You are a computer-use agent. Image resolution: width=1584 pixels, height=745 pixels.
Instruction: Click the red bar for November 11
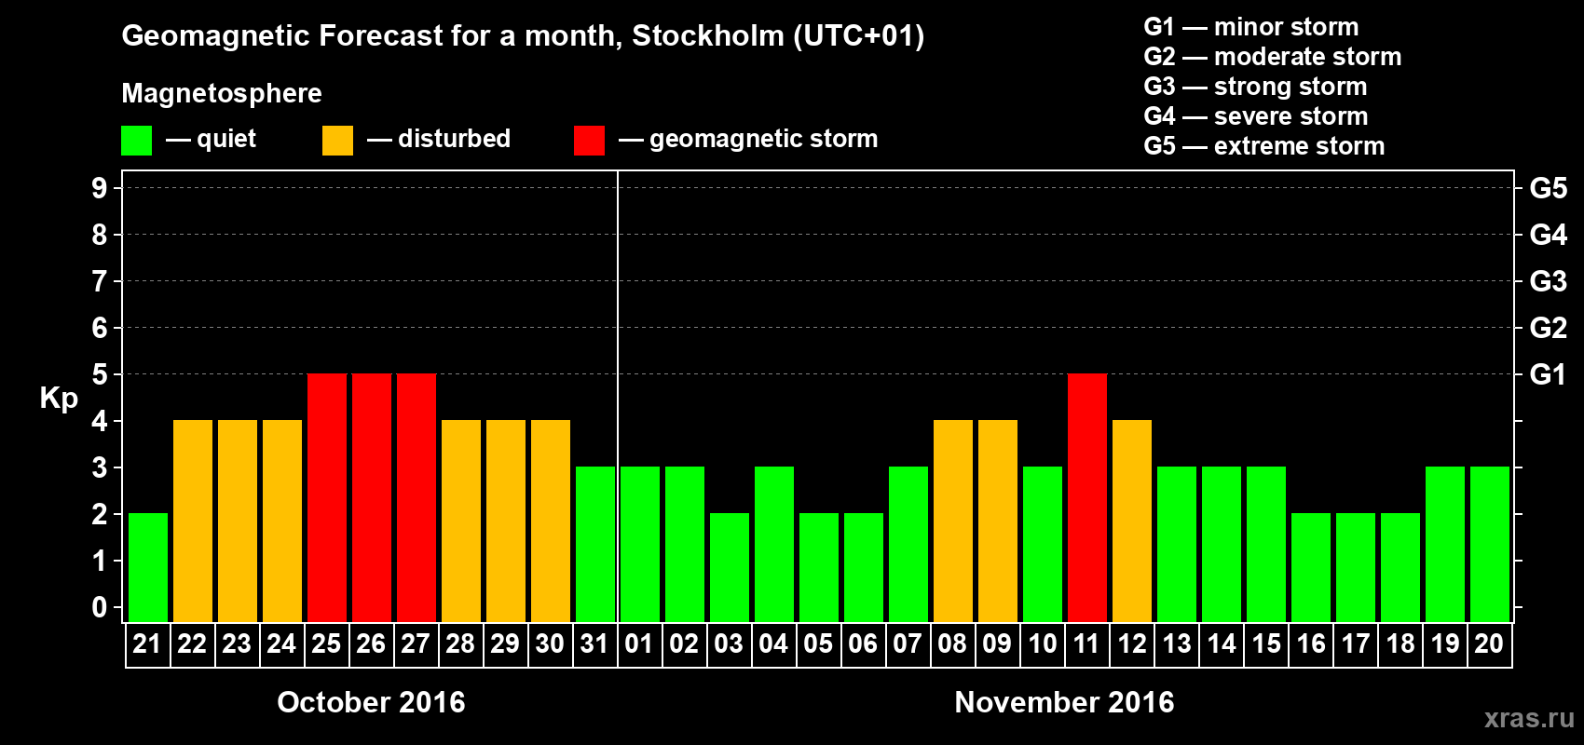pyautogui.click(x=1087, y=497)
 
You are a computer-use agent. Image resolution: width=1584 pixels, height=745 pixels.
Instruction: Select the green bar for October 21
pyautogui.click(x=148, y=567)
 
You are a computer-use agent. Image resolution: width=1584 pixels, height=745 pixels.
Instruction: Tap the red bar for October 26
pyautogui.click(x=372, y=497)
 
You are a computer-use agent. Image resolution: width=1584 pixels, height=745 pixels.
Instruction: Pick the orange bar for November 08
pyautogui.click(x=953, y=521)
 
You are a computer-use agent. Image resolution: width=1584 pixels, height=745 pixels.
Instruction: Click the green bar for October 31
pyautogui.click(x=595, y=544)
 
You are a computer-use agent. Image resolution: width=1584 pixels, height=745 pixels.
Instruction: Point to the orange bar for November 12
pyautogui.click(x=1132, y=521)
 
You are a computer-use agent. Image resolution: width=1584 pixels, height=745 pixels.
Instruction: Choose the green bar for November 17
pyautogui.click(x=1356, y=567)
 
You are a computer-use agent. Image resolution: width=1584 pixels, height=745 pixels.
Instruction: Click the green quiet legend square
pyautogui.click(x=137, y=141)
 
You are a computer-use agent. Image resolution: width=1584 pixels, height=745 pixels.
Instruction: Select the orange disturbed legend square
pyautogui.click(x=337, y=141)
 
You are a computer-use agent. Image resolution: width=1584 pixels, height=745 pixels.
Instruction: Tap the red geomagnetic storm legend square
pyautogui.click(x=589, y=141)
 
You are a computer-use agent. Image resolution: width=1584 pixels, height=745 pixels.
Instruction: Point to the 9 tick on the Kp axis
pyautogui.click(x=100, y=188)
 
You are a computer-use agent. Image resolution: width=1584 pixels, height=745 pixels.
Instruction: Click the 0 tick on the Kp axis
pyautogui.click(x=100, y=608)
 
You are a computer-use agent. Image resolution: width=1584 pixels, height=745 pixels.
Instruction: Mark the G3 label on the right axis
pyautogui.click(x=1548, y=281)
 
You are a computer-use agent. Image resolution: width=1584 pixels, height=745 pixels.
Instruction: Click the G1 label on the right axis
pyautogui.click(x=1548, y=374)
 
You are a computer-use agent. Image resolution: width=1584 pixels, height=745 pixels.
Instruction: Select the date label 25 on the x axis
pyautogui.click(x=326, y=643)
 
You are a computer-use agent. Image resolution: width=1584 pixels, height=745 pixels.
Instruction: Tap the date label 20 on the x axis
pyautogui.click(x=1489, y=643)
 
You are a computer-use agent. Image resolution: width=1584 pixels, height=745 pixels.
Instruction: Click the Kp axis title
pyautogui.click(x=59, y=399)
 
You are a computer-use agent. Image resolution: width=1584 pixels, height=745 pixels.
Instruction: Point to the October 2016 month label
pyautogui.click(x=371, y=702)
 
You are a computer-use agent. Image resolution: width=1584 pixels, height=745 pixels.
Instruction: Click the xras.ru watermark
pyautogui.click(x=1529, y=718)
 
